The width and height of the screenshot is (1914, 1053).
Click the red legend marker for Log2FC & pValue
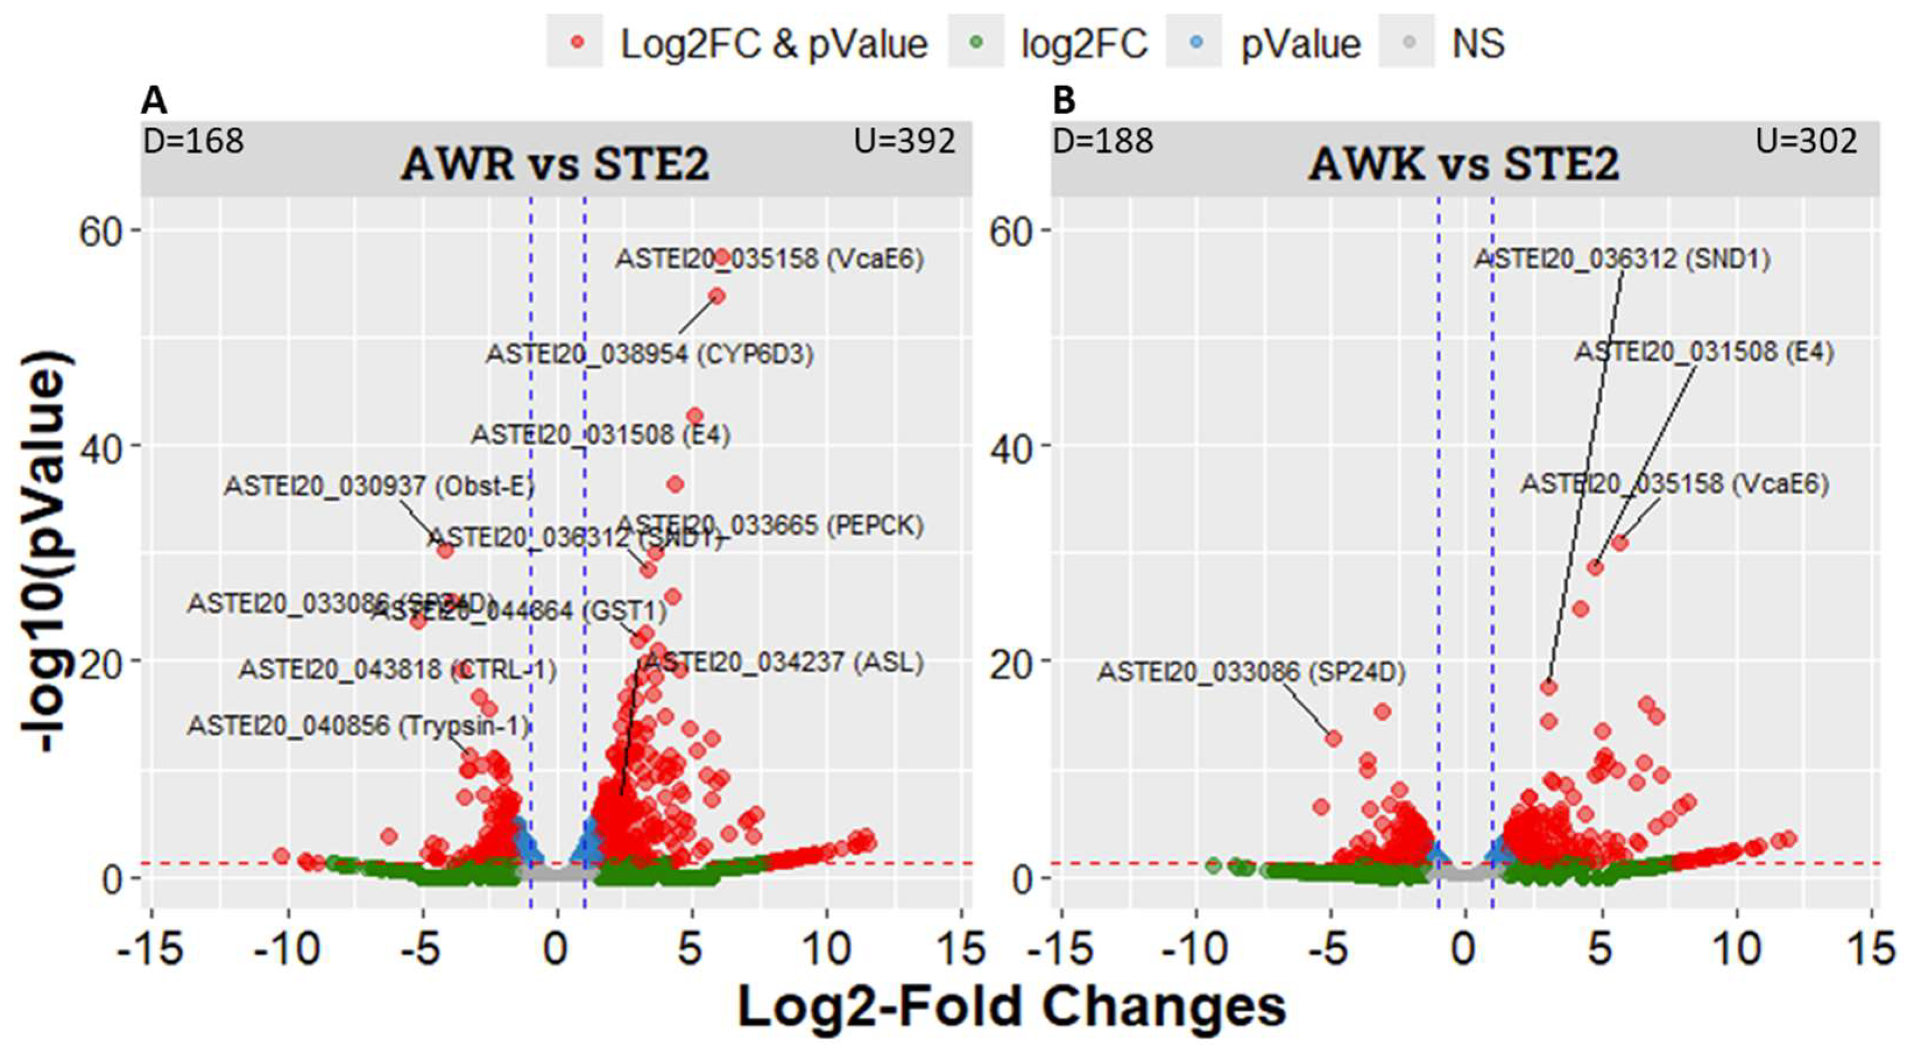coord(578,43)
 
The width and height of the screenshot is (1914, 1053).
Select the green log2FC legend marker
coord(977,43)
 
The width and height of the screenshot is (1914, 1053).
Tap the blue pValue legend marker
coord(1195,43)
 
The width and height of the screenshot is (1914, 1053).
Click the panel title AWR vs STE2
coord(555,164)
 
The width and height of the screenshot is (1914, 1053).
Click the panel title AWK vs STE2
coord(1464,164)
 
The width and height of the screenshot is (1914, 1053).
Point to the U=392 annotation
coord(904,141)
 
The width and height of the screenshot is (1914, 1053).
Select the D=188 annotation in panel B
coord(1103,141)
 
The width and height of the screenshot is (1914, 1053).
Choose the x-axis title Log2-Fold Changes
coord(1011,1008)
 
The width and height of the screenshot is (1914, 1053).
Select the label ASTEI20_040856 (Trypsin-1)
coord(358,725)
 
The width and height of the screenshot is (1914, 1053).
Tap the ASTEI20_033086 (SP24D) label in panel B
coord(1251,673)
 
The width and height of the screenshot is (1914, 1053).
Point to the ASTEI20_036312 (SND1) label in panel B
coord(1622,259)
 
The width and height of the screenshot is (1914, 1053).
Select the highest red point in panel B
coord(1620,543)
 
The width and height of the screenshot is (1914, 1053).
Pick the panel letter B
coord(1064,100)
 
